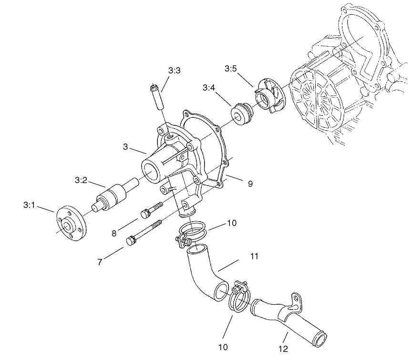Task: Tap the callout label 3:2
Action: click(x=81, y=180)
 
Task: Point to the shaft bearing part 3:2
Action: click(x=114, y=195)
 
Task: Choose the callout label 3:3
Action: click(x=174, y=70)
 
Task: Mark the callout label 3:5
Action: click(x=230, y=69)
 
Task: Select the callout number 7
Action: click(x=100, y=262)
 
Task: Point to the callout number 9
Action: click(x=250, y=183)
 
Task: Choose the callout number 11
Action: click(x=254, y=257)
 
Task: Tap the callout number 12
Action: click(x=283, y=349)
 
